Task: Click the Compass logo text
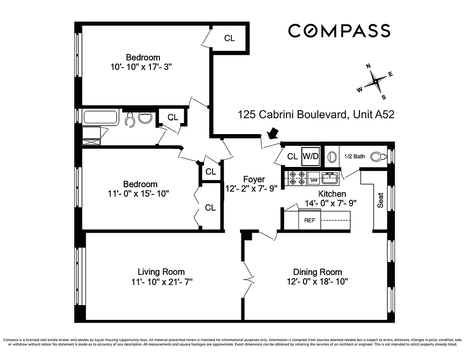[339, 31]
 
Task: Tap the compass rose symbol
[375, 82]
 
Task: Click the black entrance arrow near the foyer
[272, 134]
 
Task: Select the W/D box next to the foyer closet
[310, 157]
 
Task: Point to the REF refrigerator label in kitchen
[309, 220]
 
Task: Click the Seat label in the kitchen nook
[380, 200]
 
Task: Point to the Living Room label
[161, 272]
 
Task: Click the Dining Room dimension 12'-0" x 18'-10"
[317, 282]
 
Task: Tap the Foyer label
[254, 179]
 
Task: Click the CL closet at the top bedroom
[229, 38]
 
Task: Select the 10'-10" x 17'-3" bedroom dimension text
[141, 67]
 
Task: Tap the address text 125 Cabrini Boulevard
[292, 115]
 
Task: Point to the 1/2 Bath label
[354, 157]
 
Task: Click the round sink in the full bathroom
[145, 118]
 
